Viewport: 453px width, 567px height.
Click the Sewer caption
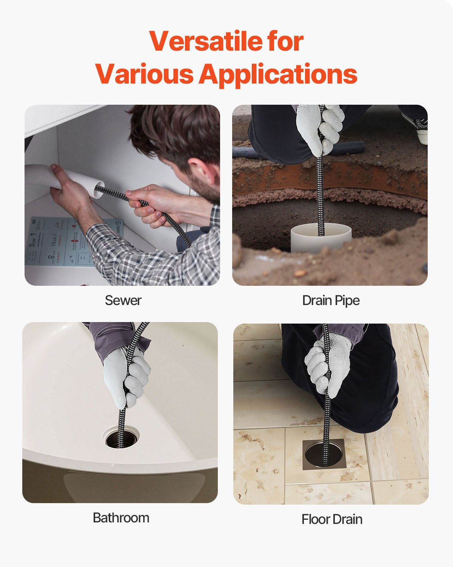[123, 301]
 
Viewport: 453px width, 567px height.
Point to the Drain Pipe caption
[331, 301]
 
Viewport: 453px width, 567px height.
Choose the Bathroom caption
[121, 517]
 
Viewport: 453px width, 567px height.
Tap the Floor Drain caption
[332, 519]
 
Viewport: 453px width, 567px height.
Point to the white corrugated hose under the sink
[42, 175]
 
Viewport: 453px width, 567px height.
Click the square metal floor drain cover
[324, 454]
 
